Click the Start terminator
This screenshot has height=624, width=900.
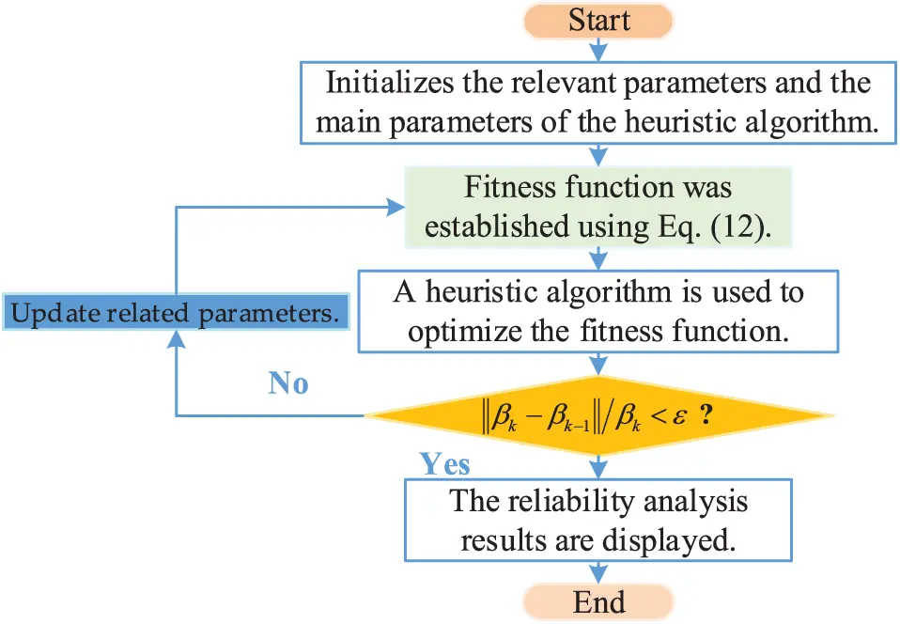597,21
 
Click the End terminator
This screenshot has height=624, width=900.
597,602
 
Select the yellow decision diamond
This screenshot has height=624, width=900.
597,415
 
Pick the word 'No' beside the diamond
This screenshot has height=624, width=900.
288,382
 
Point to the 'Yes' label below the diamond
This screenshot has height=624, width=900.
444,464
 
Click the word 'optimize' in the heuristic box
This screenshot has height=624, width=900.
448,331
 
